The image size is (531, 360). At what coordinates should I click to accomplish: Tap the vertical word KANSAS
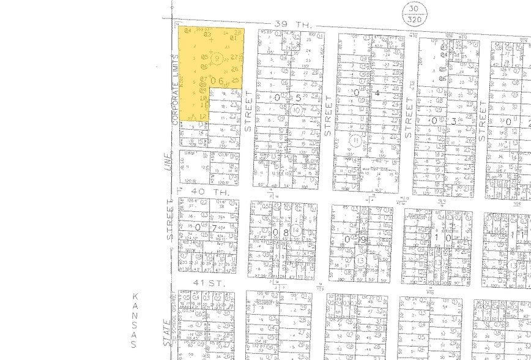pos(134,320)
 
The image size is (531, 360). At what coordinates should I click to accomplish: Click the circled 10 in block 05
pos(297,110)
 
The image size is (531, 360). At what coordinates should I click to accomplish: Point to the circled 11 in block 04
pos(356,139)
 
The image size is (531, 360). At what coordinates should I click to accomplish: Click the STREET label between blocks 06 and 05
pos(248,111)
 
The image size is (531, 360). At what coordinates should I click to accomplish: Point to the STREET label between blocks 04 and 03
pos(409,118)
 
